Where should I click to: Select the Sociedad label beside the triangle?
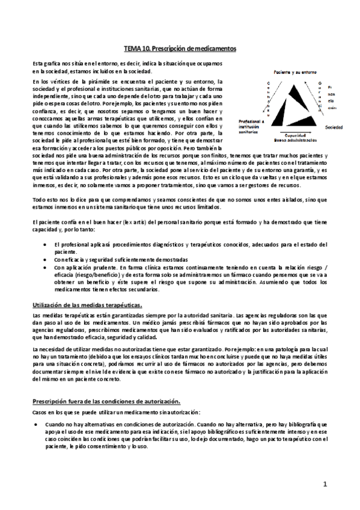334,128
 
